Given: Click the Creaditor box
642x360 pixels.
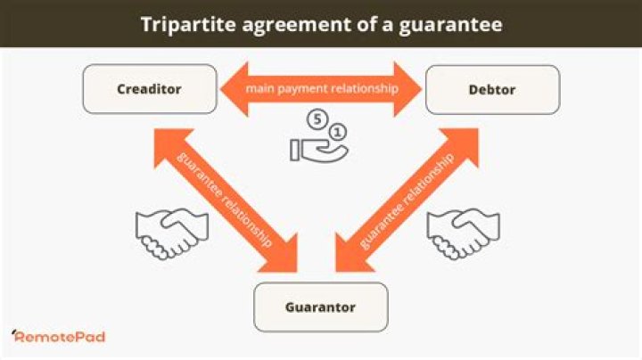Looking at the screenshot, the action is [x=150, y=89].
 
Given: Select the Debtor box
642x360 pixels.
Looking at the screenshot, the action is [x=492, y=90].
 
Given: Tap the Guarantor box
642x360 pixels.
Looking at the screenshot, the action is [x=321, y=307].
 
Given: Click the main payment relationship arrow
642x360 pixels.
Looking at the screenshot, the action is [x=321, y=89].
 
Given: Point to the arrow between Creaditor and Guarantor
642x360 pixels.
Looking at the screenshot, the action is [x=226, y=200].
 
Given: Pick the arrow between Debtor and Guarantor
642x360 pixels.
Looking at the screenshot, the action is [x=407, y=200].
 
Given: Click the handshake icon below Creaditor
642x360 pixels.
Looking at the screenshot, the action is [x=172, y=233].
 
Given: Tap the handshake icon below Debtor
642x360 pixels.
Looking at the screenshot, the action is [x=463, y=233].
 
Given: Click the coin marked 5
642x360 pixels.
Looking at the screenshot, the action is [x=317, y=119].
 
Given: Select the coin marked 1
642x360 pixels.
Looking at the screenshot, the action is [x=337, y=132].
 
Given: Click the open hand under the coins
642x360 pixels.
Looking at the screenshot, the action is [x=319, y=151].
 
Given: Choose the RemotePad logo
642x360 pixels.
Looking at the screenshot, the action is [x=59, y=336].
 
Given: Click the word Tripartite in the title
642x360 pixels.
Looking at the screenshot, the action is [x=188, y=24].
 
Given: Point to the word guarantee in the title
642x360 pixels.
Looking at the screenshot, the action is [x=451, y=25].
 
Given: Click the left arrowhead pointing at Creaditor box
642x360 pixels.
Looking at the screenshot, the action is [x=235, y=89].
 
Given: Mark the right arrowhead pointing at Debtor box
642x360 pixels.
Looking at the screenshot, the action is [x=407, y=89].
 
